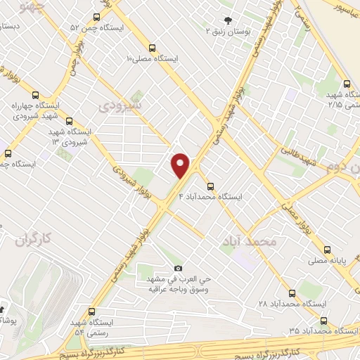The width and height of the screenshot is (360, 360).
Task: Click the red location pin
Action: coord(181,165)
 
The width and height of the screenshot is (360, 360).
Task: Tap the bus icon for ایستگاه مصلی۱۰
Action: coord(153,48)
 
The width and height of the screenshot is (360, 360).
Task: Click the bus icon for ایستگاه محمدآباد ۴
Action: coord(210,186)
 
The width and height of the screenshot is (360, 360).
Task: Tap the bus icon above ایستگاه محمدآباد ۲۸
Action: coord(292,292)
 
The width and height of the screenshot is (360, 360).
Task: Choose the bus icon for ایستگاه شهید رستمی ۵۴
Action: coord(91,311)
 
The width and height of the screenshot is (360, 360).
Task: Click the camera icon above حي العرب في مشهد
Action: coord(177,268)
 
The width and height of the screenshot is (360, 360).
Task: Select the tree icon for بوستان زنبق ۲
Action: coord(226,20)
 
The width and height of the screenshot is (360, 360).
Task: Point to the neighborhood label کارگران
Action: coord(33,239)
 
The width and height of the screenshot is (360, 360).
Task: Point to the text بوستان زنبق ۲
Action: coord(227,32)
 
